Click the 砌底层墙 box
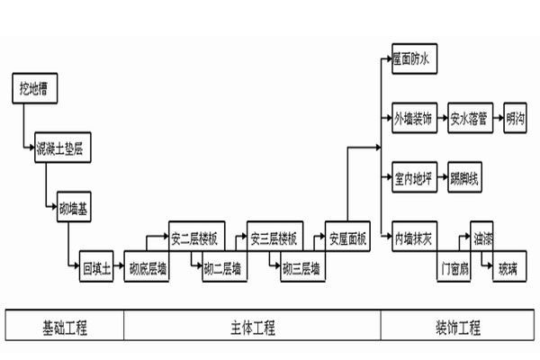147,267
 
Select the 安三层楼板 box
273,238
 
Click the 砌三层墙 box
301,267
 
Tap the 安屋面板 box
346,238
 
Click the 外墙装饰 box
414,118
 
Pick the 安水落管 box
469,118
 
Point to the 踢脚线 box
466,178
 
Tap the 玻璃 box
506,267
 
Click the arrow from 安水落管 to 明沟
497,118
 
